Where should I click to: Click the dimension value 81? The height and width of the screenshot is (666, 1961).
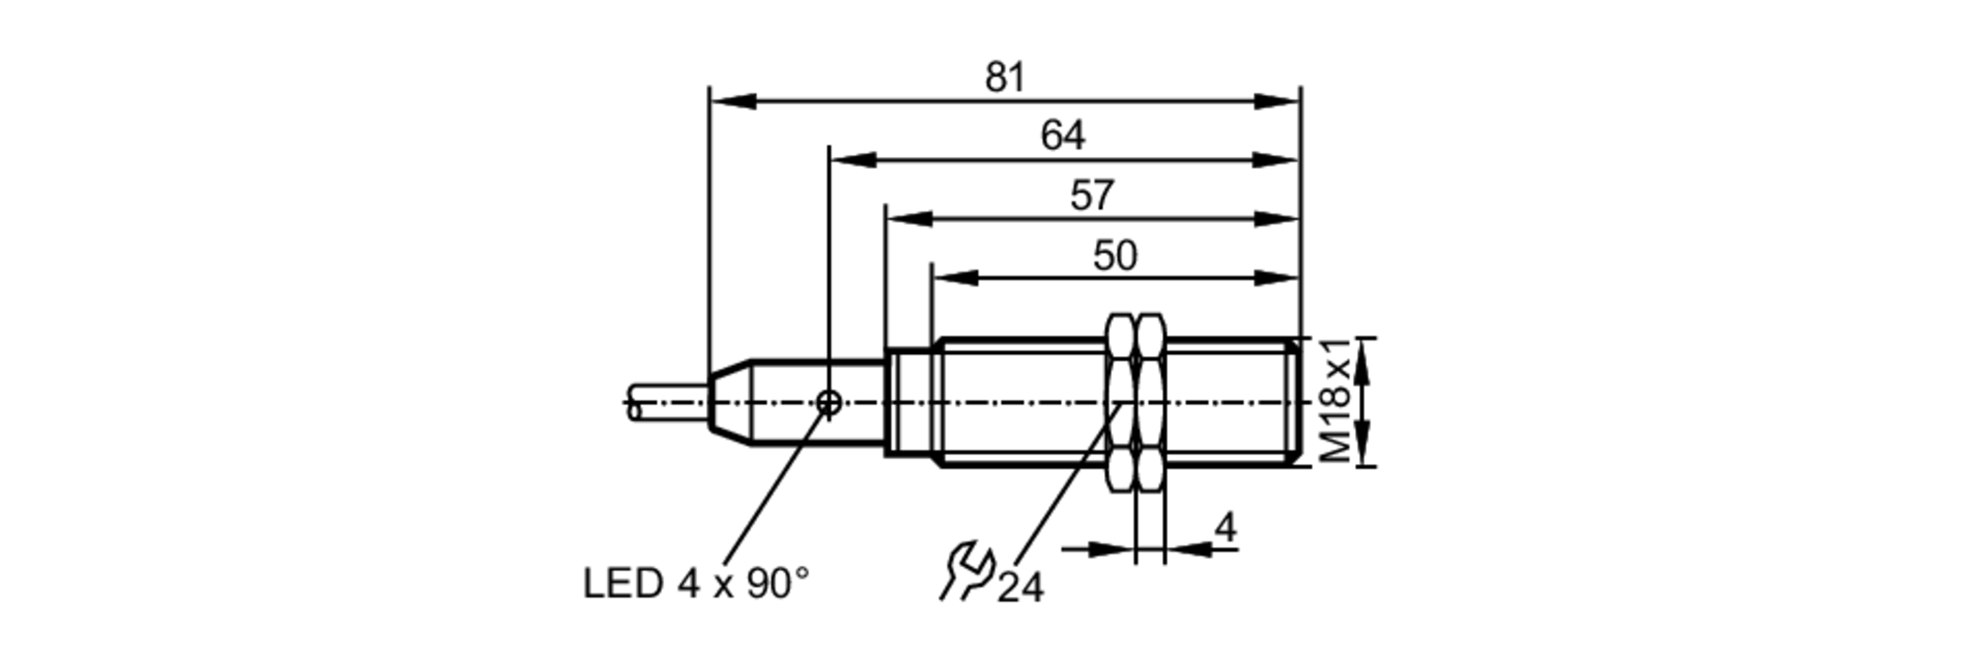(x=1005, y=77)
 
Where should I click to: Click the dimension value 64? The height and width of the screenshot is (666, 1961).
(x=1063, y=135)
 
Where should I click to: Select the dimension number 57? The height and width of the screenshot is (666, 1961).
(x=1091, y=195)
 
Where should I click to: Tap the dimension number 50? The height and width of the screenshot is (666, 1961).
(x=1115, y=256)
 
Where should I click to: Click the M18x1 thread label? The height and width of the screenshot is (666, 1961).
(x=1335, y=401)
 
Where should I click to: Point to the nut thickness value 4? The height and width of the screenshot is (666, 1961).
(x=1225, y=528)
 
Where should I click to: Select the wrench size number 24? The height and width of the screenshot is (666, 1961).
(x=1021, y=588)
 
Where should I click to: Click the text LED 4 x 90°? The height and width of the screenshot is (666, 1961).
(x=696, y=585)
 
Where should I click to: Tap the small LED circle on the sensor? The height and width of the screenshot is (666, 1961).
(x=829, y=401)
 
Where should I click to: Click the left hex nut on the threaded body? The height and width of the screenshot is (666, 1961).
(x=1121, y=402)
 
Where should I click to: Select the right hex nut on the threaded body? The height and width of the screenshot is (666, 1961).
(x=1150, y=402)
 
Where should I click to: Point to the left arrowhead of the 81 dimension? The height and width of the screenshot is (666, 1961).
(x=730, y=101)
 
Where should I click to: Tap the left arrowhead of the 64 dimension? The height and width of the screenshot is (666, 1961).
(x=851, y=160)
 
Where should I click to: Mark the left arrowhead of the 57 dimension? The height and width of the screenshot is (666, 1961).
(x=908, y=219)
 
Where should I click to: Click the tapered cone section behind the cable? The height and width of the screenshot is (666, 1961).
(x=729, y=402)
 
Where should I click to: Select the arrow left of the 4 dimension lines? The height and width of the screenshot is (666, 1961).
(x=1113, y=550)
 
